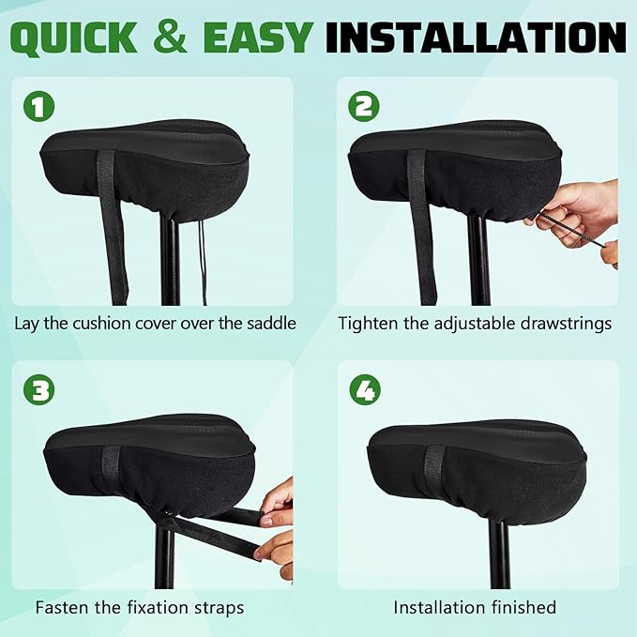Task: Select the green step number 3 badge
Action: pyautogui.click(x=38, y=390)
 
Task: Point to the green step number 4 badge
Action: pyautogui.click(x=363, y=390)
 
